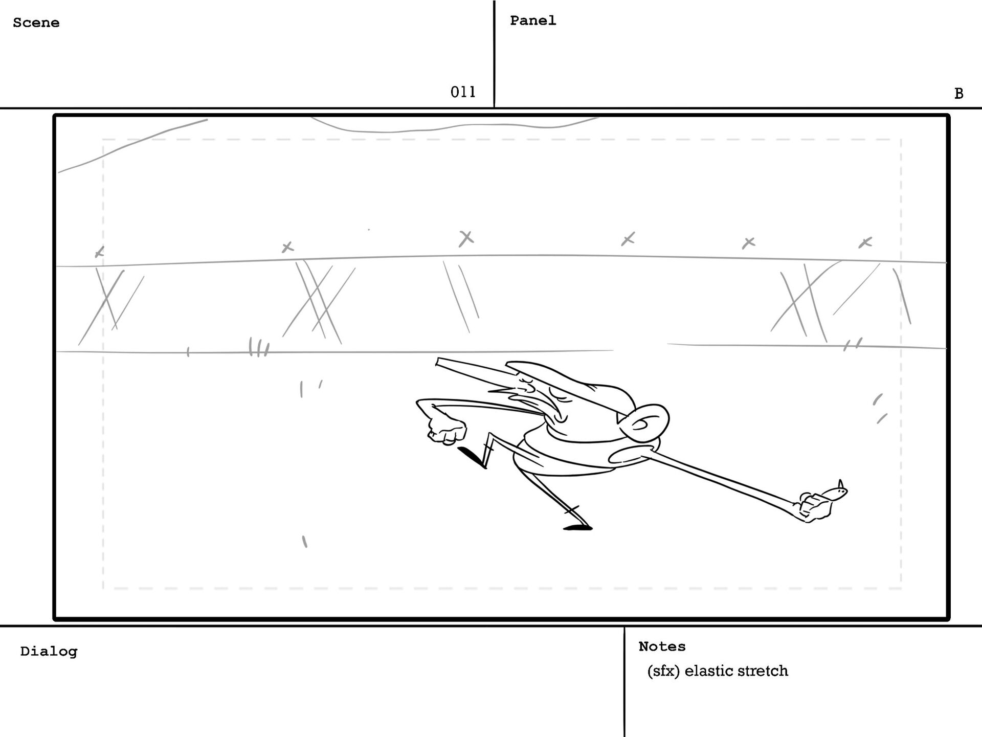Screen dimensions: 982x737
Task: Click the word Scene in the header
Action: click(36, 23)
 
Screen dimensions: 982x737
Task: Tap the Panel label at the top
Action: click(532, 20)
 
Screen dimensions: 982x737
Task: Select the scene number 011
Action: click(463, 92)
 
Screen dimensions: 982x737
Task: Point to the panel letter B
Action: click(958, 94)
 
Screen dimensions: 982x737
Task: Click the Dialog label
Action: click(49, 652)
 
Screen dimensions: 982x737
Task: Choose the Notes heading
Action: click(662, 646)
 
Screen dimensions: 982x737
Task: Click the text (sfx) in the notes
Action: click(663, 671)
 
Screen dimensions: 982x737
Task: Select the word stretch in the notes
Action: click(763, 671)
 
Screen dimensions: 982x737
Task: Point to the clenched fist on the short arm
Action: click(447, 429)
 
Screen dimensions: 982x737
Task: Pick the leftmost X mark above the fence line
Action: click(100, 252)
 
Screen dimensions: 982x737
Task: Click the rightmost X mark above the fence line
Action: click(865, 242)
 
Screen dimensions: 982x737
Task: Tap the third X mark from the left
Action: click(466, 238)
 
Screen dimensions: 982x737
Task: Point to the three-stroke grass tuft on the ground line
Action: click(258, 347)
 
